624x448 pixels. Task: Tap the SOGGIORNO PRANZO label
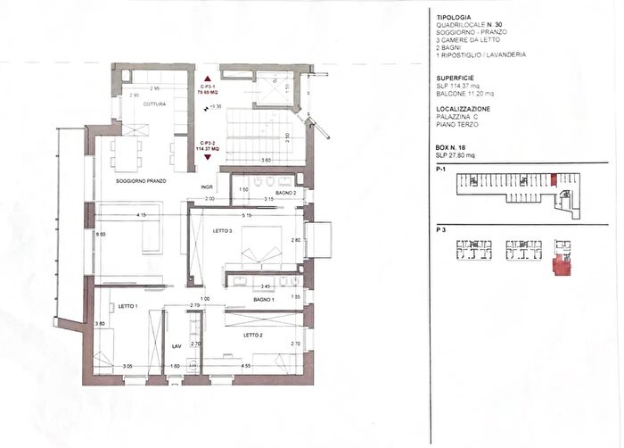tap(143, 181)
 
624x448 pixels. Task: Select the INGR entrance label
tap(207, 187)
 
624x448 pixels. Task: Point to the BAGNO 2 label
tap(285, 193)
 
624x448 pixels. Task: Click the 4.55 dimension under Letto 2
tap(245, 365)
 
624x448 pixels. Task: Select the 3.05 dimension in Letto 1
tap(127, 365)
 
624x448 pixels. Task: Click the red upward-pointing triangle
tap(208, 79)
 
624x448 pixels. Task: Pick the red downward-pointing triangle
tap(208, 157)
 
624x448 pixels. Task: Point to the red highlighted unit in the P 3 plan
tap(563, 265)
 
